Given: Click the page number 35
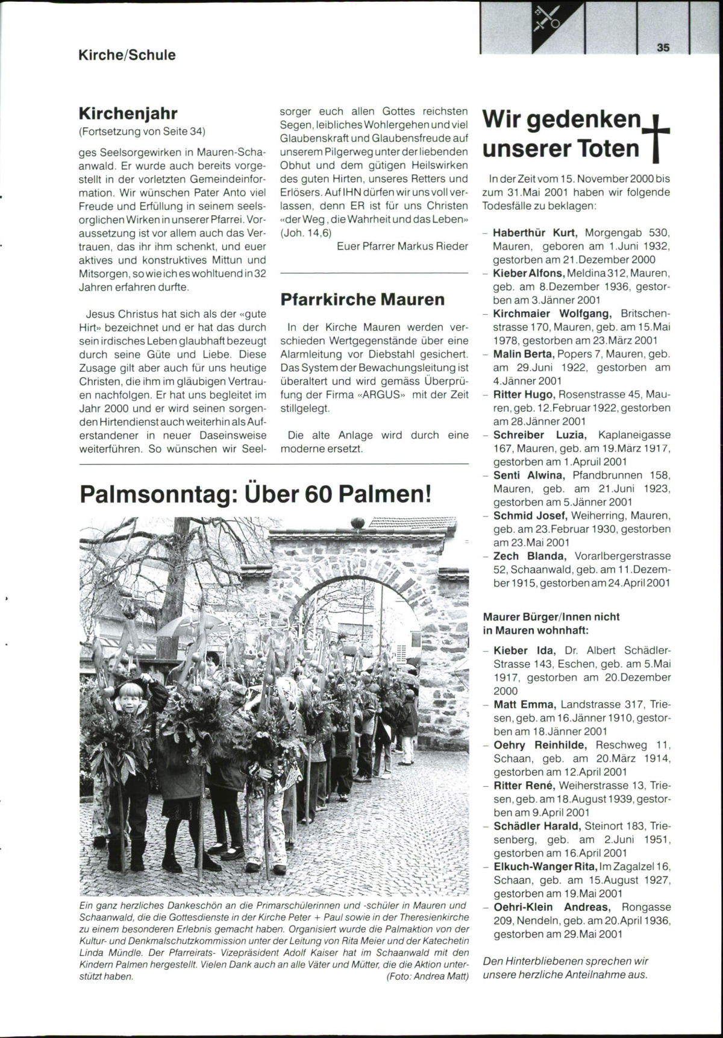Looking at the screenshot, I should coord(663,48).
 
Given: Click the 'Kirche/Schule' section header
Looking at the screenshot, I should coord(127,55).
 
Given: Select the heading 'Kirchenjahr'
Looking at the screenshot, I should coord(128,113).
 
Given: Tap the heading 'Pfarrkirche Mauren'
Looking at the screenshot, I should coord(363,300).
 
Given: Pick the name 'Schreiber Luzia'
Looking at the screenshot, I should coord(539,435).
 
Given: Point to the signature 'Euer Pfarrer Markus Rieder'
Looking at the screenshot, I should coord(402,246).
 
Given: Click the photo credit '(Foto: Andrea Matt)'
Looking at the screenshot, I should coord(427,977).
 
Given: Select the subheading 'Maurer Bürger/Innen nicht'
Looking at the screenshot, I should coord(551,617).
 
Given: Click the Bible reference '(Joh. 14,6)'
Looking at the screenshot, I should coord(306,233).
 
